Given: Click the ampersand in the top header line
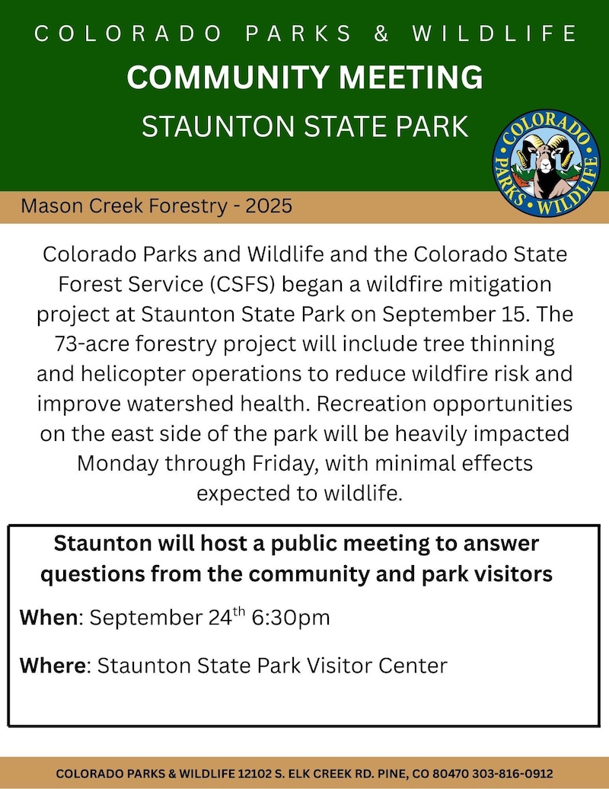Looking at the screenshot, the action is [381, 34].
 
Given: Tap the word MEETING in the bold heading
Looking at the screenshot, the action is [410, 77].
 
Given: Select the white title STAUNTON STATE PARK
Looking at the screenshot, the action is [304, 126].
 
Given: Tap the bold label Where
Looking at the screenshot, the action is [53, 666].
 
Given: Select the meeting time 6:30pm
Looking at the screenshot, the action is [291, 618].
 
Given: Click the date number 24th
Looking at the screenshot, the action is [227, 616].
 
